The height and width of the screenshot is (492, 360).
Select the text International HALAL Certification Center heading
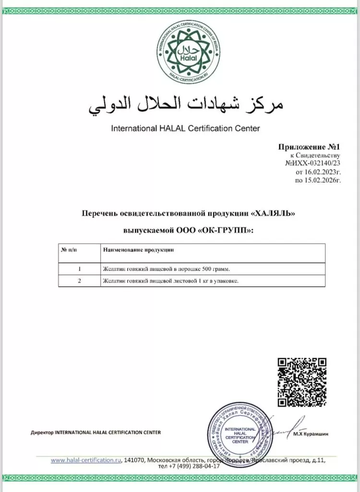185,129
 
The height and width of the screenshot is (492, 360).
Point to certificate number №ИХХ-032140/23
312,163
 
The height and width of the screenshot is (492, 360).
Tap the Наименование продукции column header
138,250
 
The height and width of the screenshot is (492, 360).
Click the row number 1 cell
79,269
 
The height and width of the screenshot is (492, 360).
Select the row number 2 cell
79,281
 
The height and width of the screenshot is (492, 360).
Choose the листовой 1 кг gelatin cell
171,281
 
